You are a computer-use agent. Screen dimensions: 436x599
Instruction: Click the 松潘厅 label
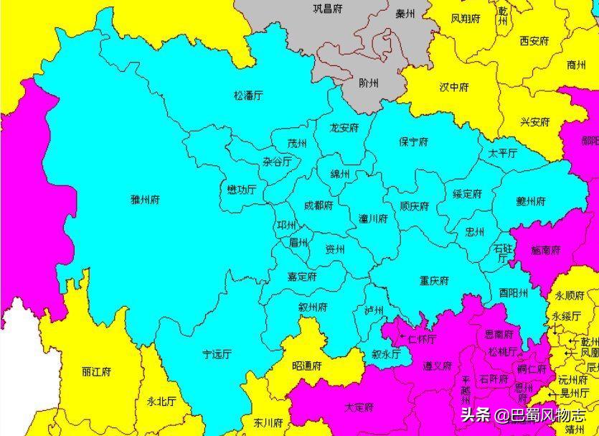click(x=248, y=95)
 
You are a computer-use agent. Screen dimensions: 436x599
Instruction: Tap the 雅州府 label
click(x=144, y=199)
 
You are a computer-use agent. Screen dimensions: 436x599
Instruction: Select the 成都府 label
click(x=318, y=205)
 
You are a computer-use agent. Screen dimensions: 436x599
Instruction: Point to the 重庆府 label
click(x=434, y=280)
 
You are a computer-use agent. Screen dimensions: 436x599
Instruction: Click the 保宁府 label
click(x=413, y=142)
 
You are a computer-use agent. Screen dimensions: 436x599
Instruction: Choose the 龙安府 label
click(x=344, y=128)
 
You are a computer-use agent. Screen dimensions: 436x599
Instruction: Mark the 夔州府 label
click(x=531, y=200)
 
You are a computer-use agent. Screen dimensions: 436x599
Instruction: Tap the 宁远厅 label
click(x=217, y=354)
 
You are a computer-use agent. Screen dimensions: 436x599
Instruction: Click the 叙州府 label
click(x=313, y=307)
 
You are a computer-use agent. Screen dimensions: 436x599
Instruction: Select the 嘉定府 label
click(x=302, y=277)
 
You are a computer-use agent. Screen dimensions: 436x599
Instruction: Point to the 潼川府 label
click(x=373, y=218)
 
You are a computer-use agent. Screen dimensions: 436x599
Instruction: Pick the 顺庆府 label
click(x=414, y=206)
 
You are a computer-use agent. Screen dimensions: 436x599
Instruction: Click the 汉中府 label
click(x=453, y=88)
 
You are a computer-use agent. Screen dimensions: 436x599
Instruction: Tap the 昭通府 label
click(x=307, y=366)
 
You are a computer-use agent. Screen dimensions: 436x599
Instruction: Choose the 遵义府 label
click(x=437, y=366)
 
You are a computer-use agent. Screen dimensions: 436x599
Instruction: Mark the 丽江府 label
click(x=96, y=372)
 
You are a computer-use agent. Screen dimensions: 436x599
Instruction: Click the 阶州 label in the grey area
click(x=373, y=83)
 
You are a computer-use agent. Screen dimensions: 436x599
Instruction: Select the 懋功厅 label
click(x=241, y=190)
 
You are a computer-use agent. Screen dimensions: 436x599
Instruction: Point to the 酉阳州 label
click(x=514, y=293)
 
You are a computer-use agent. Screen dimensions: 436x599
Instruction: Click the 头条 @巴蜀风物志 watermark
click(x=522, y=414)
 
